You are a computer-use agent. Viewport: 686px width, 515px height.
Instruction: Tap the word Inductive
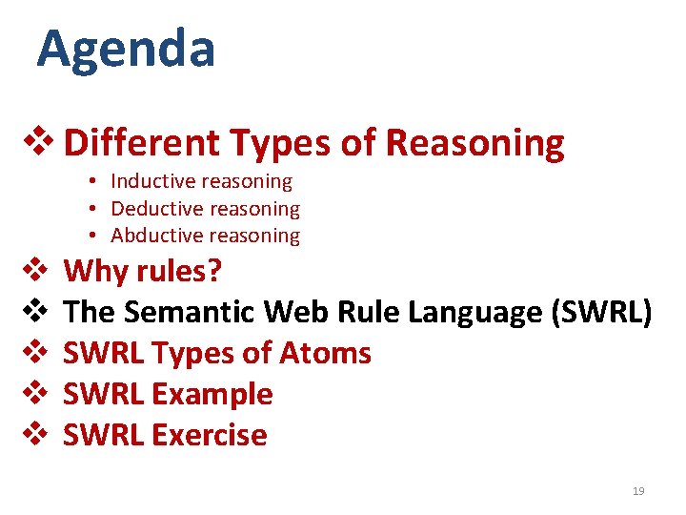click(x=149, y=181)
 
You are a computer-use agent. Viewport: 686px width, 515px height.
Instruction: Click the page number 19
click(x=638, y=491)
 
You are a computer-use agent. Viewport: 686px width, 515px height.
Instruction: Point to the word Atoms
click(x=325, y=353)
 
